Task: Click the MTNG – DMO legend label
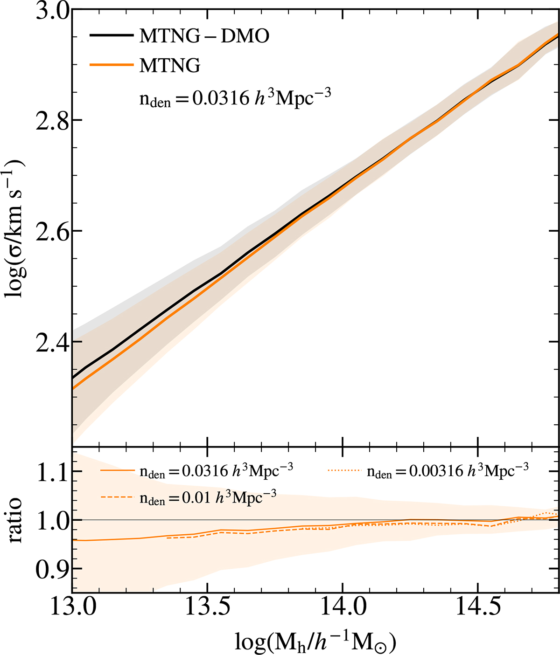pyautogui.click(x=204, y=36)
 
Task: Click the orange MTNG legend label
pyautogui.click(x=170, y=66)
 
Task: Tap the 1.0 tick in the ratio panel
pyautogui.click(x=50, y=520)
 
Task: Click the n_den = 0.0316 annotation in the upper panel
pyautogui.click(x=235, y=99)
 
